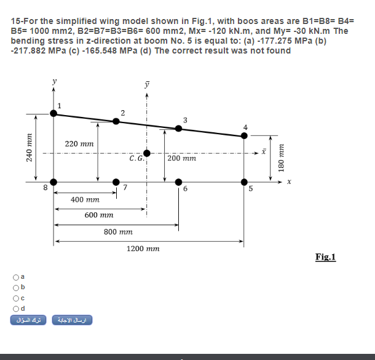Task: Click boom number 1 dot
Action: [x=53, y=113]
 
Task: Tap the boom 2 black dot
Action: [x=116, y=121]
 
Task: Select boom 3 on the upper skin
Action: [x=178, y=129]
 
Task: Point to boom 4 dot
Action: [x=244, y=136]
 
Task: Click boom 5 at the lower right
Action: [x=244, y=182]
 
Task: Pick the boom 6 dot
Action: [x=178, y=182]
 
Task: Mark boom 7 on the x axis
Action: [x=116, y=182]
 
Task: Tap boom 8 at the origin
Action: [x=53, y=182]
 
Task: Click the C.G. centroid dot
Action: [x=147, y=153]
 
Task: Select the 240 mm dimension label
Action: [x=29, y=148]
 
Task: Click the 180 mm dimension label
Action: [x=282, y=158]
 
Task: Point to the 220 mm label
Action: [x=79, y=144]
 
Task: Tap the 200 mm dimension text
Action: [x=182, y=158]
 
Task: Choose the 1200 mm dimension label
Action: [x=143, y=249]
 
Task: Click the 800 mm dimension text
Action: [x=118, y=232]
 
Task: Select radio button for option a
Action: [x=16, y=278]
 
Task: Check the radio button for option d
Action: [x=16, y=309]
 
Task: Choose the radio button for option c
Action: [x=16, y=298]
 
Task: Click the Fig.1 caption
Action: [x=325, y=257]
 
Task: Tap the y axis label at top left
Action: [x=55, y=81]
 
